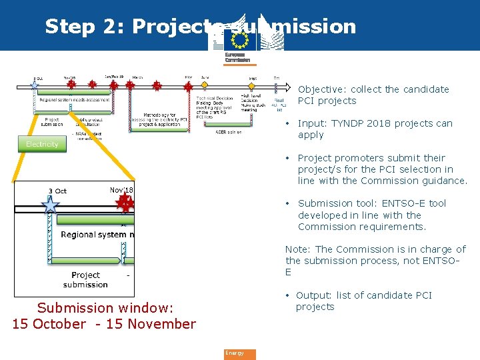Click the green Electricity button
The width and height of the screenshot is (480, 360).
[42, 144]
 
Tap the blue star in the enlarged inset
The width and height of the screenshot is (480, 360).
[50, 206]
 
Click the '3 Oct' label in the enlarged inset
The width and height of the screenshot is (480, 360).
[57, 191]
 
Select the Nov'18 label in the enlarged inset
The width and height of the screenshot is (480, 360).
[121, 191]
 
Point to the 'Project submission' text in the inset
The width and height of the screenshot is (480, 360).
[85, 280]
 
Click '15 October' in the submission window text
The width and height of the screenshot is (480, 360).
[49, 324]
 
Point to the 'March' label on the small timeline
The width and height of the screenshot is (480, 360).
[137, 77]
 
